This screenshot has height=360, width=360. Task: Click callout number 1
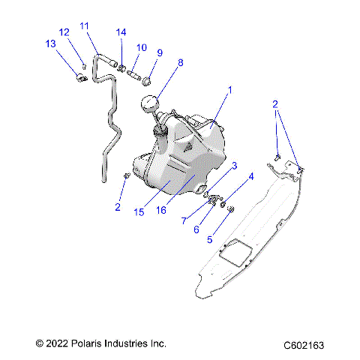[x=229, y=89]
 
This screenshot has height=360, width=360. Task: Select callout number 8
[x=178, y=64]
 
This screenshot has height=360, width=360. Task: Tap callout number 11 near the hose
[x=84, y=25]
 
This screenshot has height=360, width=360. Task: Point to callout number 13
[x=50, y=44]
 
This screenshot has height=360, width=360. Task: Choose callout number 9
[x=159, y=52]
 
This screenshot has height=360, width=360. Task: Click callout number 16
[x=160, y=211]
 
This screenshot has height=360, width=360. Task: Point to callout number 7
[x=184, y=220]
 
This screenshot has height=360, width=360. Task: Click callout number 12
[x=64, y=31]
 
